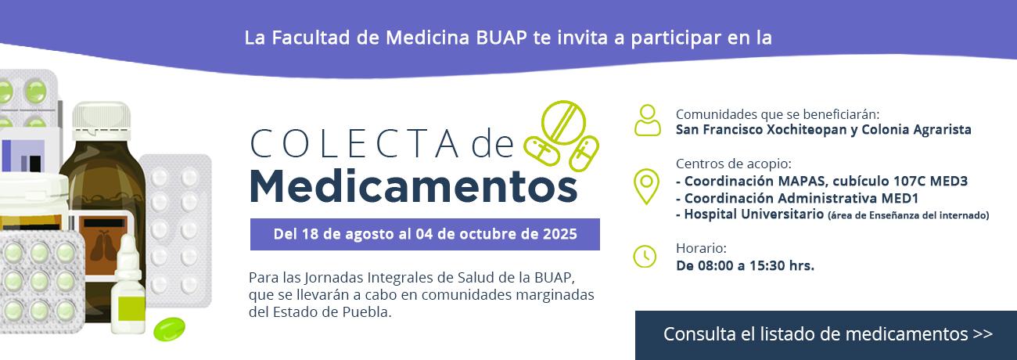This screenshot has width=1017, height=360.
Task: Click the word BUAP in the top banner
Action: tap(501, 38)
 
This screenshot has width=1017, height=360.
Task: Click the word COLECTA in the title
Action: tap(354, 144)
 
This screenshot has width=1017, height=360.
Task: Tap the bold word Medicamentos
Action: tap(414, 186)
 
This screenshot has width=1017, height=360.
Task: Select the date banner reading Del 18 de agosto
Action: tap(425, 234)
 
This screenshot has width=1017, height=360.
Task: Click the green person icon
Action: tap(648, 121)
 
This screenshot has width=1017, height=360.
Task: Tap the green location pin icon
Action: tap(646, 186)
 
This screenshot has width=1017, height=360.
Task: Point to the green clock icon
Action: tap(645, 257)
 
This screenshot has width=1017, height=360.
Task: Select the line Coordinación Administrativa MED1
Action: tap(797, 198)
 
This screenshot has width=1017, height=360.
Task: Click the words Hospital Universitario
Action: tap(753, 214)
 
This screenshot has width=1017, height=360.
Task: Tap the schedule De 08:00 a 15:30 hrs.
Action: tap(745, 265)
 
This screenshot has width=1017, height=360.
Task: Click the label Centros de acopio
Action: tap(734, 164)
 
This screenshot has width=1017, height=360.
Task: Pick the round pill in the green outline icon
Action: tap(563, 122)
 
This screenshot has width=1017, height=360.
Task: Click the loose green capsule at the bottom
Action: tap(169, 329)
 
